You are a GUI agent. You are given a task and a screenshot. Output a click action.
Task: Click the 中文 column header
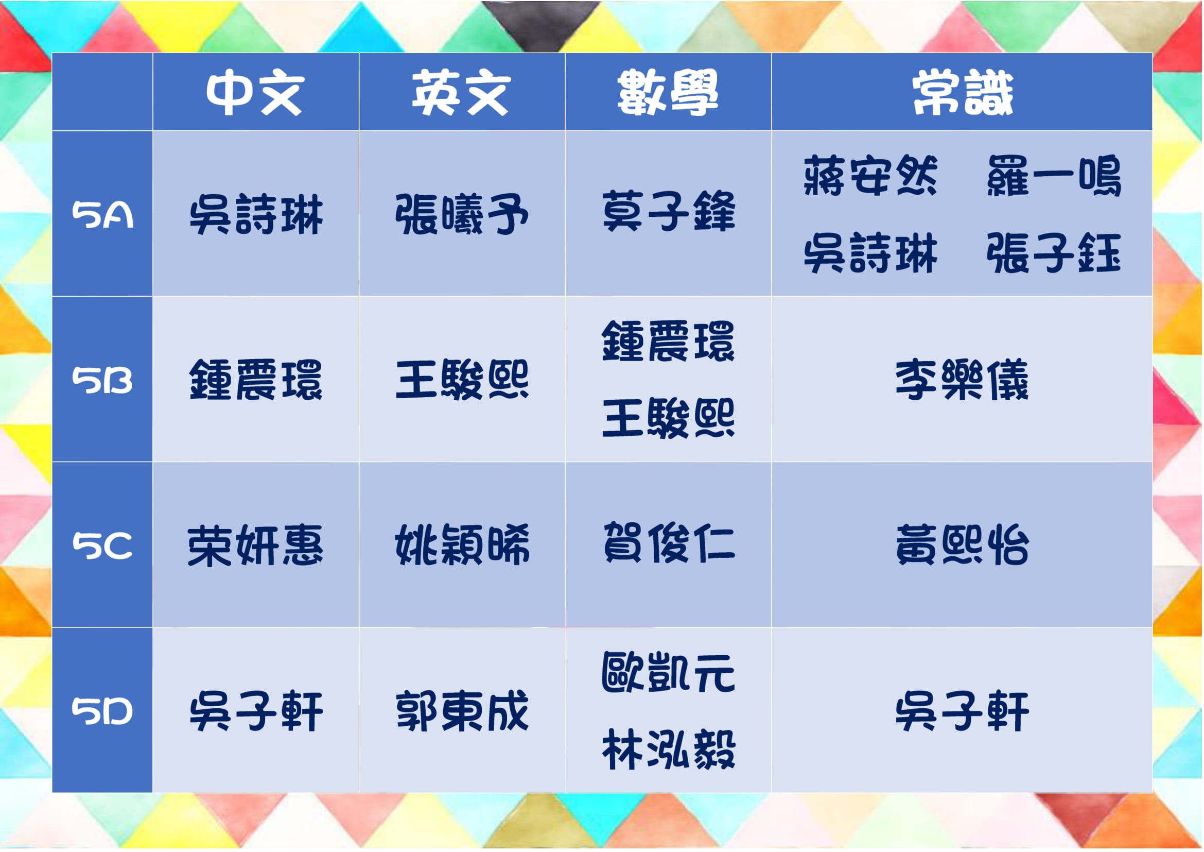(x=255, y=92)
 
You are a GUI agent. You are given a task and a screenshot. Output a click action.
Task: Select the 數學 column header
(x=668, y=92)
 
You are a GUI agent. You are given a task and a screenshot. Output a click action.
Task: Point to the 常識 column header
(x=963, y=92)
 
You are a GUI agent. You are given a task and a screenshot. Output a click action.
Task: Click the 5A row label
(x=102, y=215)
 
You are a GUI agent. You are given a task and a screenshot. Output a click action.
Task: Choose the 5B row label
(x=102, y=380)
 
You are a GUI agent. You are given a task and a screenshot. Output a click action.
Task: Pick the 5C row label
(x=102, y=546)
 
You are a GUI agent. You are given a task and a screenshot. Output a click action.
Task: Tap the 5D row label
(x=102, y=712)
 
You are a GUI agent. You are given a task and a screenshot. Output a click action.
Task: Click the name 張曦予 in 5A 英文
(x=461, y=214)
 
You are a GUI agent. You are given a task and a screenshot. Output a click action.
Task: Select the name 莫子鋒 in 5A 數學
(x=669, y=211)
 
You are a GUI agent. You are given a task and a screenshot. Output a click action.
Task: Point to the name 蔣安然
(x=870, y=176)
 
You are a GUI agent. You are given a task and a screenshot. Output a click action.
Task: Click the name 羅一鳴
(x=1054, y=176)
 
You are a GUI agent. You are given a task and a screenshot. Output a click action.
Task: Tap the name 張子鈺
(x=1054, y=253)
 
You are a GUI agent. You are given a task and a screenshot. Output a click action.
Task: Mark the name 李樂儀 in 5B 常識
(x=962, y=380)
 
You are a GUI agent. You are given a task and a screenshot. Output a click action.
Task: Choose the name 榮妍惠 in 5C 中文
(x=255, y=546)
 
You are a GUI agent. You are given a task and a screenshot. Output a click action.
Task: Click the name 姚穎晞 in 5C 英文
(x=462, y=545)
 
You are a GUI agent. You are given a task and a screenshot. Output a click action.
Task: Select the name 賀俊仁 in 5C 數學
(x=669, y=543)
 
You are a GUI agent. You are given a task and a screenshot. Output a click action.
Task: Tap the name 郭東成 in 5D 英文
(x=462, y=711)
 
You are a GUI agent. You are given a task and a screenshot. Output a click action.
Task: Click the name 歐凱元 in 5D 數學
(x=669, y=672)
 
